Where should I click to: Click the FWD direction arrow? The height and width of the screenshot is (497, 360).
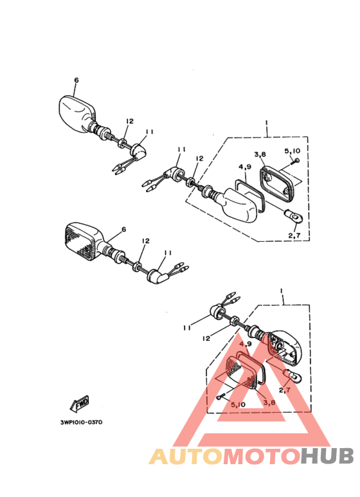[x=79, y=404]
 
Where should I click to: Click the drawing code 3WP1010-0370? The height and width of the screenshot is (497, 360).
[x=82, y=422]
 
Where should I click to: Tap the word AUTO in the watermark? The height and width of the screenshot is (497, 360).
[x=186, y=456]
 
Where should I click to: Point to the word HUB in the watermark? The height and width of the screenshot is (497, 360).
[x=327, y=456]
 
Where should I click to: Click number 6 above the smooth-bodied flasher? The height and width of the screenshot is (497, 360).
[x=76, y=80]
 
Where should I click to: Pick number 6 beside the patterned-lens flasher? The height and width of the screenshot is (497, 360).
[x=123, y=229]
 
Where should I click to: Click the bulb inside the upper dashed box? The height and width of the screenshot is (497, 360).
[x=294, y=217]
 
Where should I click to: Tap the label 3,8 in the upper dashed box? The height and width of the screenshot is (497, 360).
[x=260, y=155]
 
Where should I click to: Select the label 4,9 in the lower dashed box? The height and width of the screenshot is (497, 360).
[x=246, y=343]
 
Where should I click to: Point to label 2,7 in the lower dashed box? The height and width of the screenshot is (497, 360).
[x=284, y=390]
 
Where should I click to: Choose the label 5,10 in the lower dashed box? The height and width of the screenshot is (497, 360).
[x=238, y=405]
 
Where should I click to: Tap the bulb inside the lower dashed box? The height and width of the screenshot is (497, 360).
[x=293, y=377]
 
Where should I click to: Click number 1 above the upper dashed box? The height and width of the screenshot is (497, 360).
[x=267, y=122]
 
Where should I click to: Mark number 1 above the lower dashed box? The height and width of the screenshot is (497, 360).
[x=281, y=291]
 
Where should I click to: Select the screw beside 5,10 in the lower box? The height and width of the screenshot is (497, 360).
[x=221, y=397]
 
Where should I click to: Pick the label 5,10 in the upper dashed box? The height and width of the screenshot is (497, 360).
[x=292, y=151]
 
